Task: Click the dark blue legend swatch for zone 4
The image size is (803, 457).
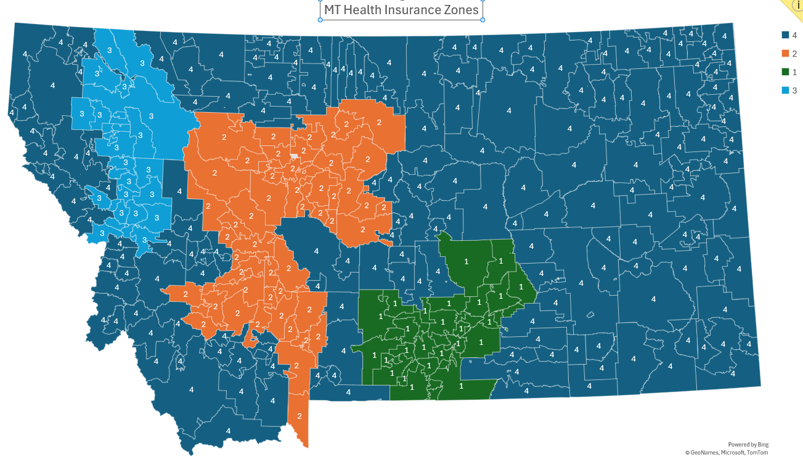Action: pyautogui.click(x=786, y=35)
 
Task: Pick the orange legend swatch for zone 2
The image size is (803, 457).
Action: pyautogui.click(x=786, y=54)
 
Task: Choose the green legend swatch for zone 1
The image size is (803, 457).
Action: pyautogui.click(x=786, y=72)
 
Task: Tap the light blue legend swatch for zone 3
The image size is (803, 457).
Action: pyautogui.click(x=786, y=91)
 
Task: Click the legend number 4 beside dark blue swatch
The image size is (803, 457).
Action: pyautogui.click(x=795, y=35)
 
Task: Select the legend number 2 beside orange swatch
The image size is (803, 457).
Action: pyautogui.click(x=795, y=54)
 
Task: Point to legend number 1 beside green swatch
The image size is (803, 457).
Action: pyautogui.click(x=795, y=72)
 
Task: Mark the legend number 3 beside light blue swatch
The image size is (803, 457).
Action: pyautogui.click(x=795, y=91)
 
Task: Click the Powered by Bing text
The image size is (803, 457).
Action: pyautogui.click(x=748, y=445)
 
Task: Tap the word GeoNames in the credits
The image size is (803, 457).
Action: pyautogui.click(x=702, y=453)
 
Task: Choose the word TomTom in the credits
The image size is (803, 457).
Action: pyautogui.click(x=757, y=453)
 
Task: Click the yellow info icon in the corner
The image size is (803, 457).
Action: pyautogui.click(x=797, y=4)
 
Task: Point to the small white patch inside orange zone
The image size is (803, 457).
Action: pyautogui.click(x=294, y=156)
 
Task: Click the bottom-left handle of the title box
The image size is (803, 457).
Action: pyautogui.click(x=320, y=20)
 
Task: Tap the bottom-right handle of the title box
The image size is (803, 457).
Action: pyautogui.click(x=483, y=20)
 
